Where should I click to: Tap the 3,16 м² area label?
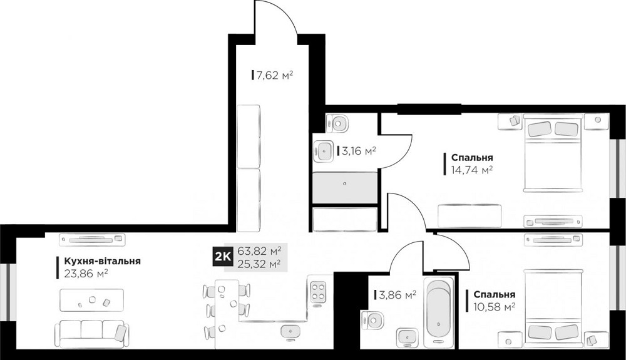357,151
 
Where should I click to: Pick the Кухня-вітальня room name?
98,261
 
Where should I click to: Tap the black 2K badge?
222,256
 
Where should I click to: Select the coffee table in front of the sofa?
91,301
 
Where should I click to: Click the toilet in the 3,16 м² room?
337,122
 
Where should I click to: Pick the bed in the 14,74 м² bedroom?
553,153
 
